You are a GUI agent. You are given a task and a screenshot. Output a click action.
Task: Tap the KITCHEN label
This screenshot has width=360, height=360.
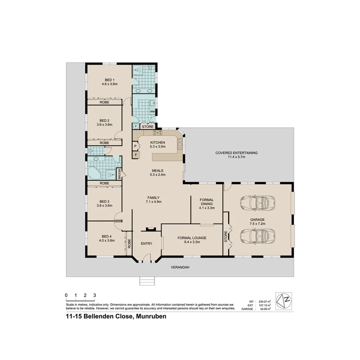pos(158,142)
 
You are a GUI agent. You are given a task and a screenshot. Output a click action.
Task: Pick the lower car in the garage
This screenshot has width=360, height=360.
pos(257,234)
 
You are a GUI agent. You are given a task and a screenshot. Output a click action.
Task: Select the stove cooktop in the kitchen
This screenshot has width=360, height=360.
pos(158,133)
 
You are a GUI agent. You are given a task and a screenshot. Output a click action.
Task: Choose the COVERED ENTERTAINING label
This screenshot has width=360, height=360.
pos(236,153)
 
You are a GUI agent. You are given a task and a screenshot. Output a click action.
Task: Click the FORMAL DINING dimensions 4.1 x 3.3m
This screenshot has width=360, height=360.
pos(207,208)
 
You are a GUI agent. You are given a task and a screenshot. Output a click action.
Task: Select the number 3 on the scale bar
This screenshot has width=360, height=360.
pos(95,295)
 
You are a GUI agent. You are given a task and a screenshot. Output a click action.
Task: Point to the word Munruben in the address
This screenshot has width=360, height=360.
pos(150,317)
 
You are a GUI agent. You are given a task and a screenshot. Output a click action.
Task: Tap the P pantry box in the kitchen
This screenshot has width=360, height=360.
pos(136,146)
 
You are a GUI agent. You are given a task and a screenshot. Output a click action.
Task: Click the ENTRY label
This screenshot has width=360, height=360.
pos(146,243)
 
